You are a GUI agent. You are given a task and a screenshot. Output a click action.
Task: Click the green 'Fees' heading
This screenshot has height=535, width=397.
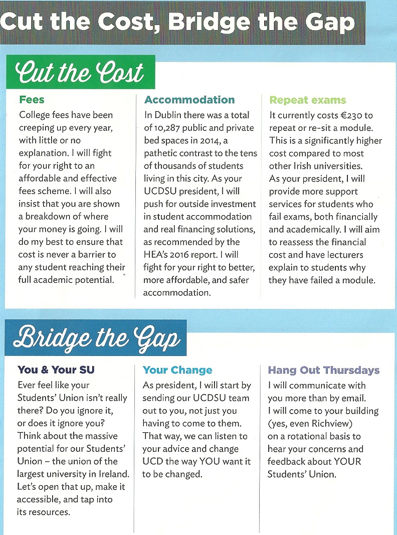coord(32,100)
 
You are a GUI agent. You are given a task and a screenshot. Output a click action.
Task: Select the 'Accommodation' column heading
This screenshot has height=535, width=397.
coord(189,100)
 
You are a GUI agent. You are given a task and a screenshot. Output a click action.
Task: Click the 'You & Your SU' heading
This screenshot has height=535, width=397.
coord(56,370)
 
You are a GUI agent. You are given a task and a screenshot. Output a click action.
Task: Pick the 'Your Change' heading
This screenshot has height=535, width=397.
coord(177,371)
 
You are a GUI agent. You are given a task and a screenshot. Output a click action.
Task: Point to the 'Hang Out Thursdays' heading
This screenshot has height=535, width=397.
coord(323,371)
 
